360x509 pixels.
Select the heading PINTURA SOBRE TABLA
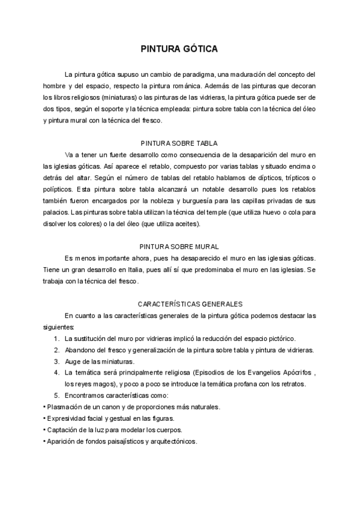[179, 143]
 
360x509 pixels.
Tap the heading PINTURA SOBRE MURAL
[179, 247]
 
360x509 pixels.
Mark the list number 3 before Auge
[56, 361]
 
